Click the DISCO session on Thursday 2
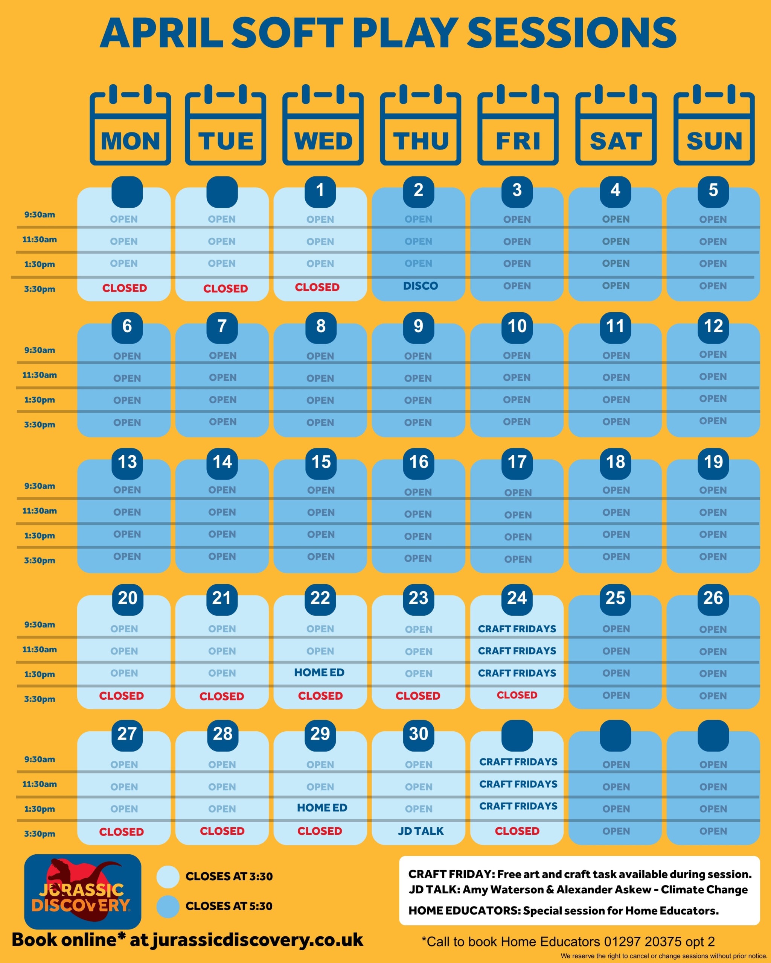[x=420, y=286]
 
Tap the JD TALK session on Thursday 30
[x=421, y=831]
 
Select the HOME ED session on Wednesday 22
[x=319, y=672]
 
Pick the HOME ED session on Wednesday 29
[x=322, y=808]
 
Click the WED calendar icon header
[x=323, y=125]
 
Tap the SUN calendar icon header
[x=714, y=125]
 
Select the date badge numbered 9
[x=418, y=326]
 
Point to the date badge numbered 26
[x=713, y=598]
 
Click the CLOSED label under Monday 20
[x=122, y=696]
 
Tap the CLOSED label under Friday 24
[x=517, y=695]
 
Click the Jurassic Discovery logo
[x=83, y=892]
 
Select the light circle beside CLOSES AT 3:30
[x=168, y=876]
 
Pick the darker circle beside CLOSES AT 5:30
[x=168, y=906]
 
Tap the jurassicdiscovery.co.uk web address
[x=258, y=940]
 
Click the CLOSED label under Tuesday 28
[x=222, y=831]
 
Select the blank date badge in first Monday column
[x=127, y=192]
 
